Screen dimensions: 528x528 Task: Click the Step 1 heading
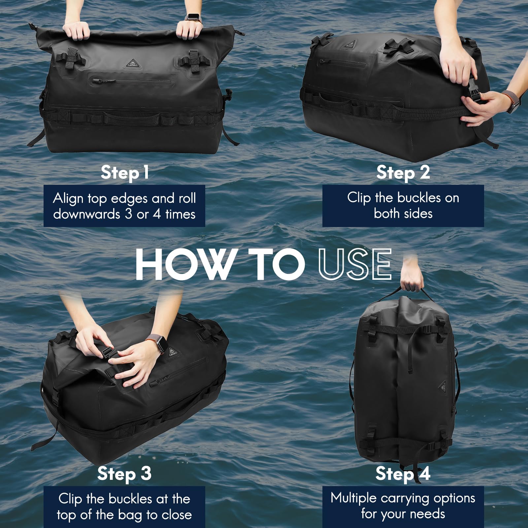tap(125, 172)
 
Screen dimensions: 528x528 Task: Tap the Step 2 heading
tap(403, 172)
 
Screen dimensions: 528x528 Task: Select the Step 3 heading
tap(124, 474)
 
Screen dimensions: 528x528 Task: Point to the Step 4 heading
tap(403, 474)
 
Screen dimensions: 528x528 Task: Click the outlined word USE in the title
tap(355, 264)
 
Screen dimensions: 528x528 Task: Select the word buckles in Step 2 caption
tap(418, 198)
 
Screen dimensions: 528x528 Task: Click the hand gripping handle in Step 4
tap(412, 280)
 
